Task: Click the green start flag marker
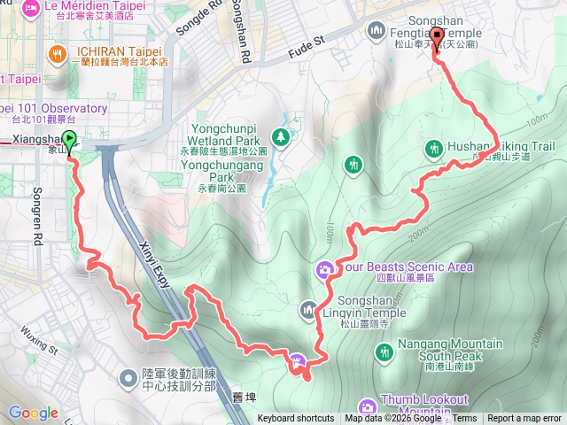[x=71, y=140]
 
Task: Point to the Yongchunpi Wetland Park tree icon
[x=281, y=136]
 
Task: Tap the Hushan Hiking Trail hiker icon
[x=434, y=147]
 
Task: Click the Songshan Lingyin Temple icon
[x=308, y=309]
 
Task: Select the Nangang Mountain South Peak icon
[x=384, y=352]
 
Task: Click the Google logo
[x=33, y=412]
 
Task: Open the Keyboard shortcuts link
[x=296, y=419]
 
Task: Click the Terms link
[x=465, y=419]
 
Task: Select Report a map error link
[x=524, y=419]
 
